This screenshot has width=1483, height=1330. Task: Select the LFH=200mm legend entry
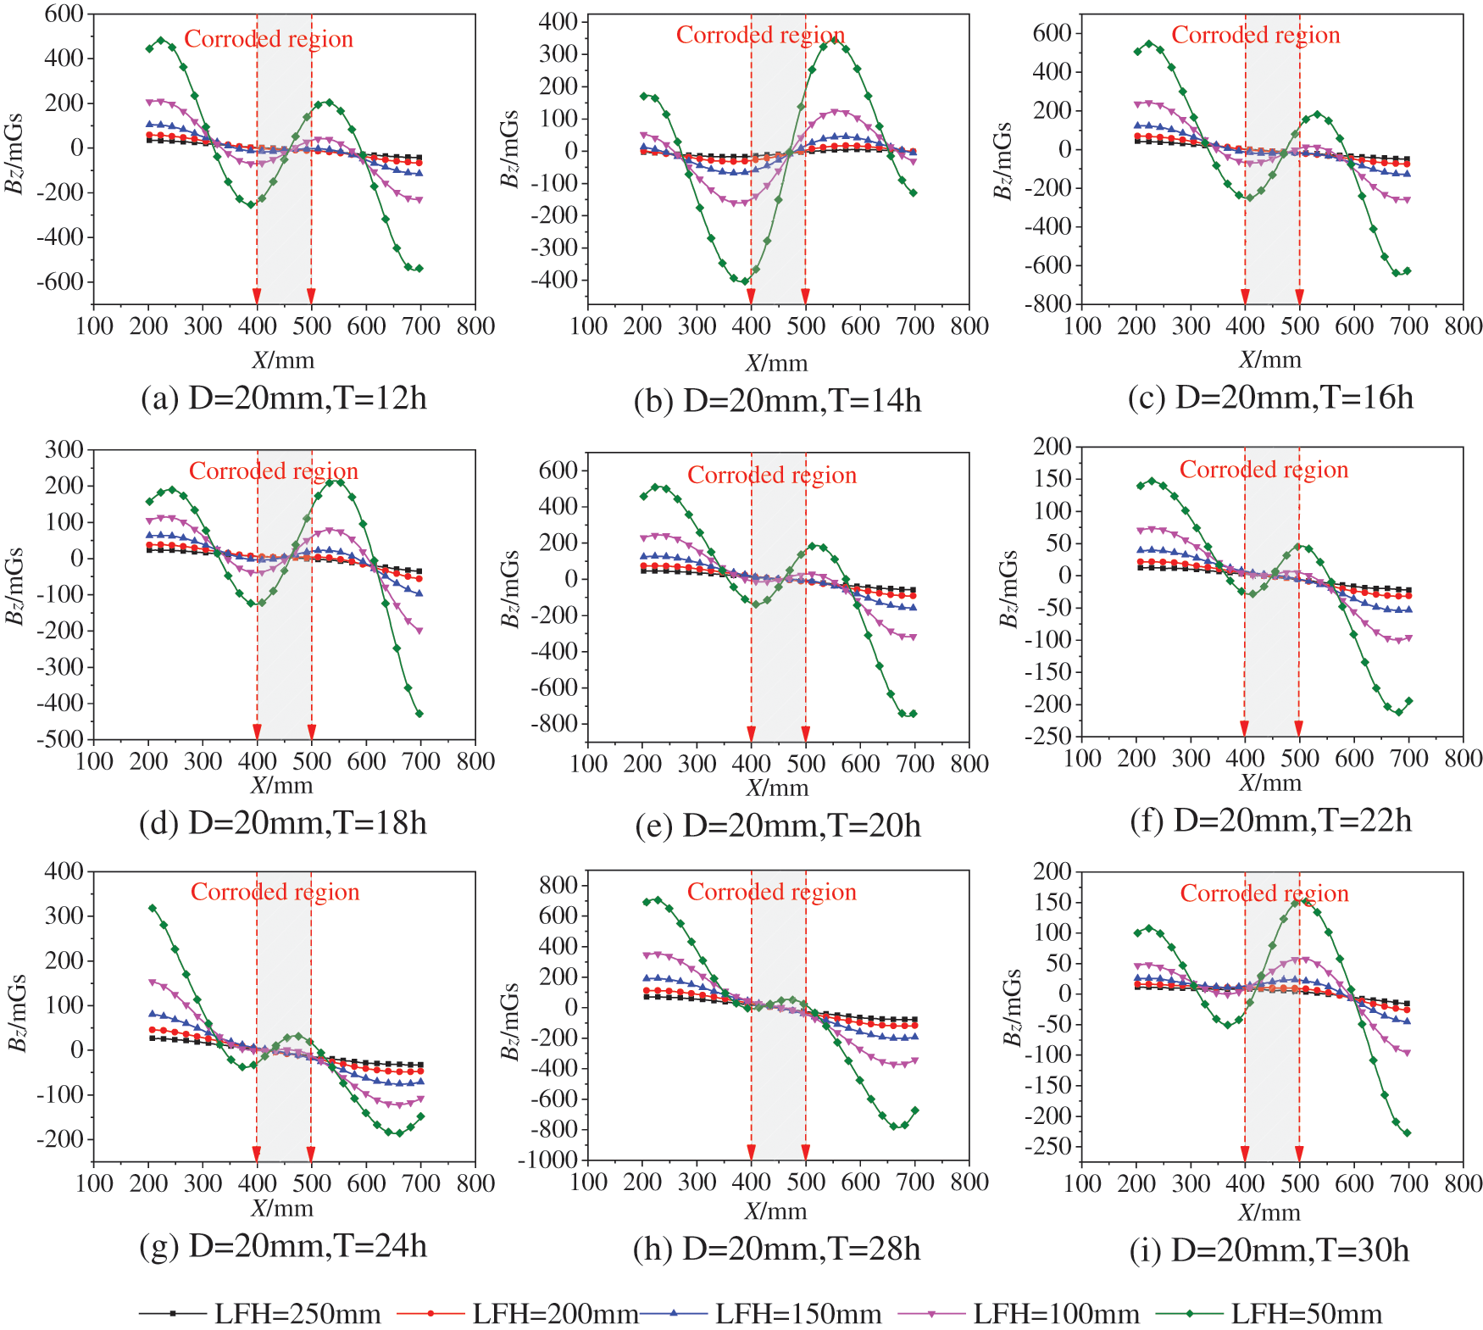pyautogui.click(x=519, y=1314)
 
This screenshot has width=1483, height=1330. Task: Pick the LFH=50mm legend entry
pyautogui.click(x=1275, y=1314)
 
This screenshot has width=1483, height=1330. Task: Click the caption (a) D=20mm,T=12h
pyautogui.click(x=284, y=398)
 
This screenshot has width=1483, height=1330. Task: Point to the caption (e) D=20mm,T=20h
pyautogui.click(x=778, y=825)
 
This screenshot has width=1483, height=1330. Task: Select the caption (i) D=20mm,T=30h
pyautogui.click(x=1269, y=1250)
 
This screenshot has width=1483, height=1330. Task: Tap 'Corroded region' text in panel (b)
pyautogui.click(x=760, y=35)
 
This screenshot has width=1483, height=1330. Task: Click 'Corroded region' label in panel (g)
pyautogui.click(x=275, y=892)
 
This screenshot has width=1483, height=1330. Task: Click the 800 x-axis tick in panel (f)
pyautogui.click(x=1464, y=758)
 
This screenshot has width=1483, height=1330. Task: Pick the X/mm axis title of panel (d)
pyautogui.click(x=282, y=785)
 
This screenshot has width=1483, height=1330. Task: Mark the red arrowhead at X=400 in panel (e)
pyautogui.click(x=751, y=734)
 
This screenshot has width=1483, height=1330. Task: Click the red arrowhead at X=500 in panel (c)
pyautogui.click(x=1299, y=296)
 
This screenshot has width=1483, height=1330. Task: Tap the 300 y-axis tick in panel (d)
pyautogui.click(x=64, y=449)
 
